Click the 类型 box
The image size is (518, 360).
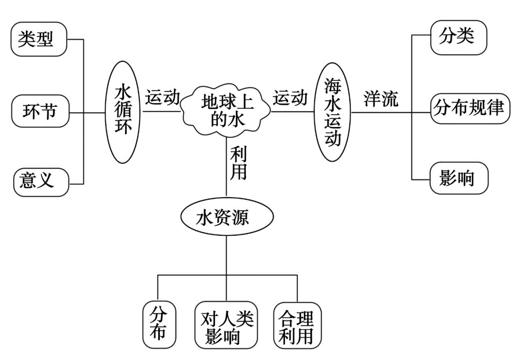(38, 39)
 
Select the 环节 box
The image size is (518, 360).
(40, 112)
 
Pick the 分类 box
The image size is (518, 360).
(458, 36)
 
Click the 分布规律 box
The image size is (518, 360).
(469, 109)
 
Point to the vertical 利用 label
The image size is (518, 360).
(238, 163)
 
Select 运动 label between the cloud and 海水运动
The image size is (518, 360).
(290, 97)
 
